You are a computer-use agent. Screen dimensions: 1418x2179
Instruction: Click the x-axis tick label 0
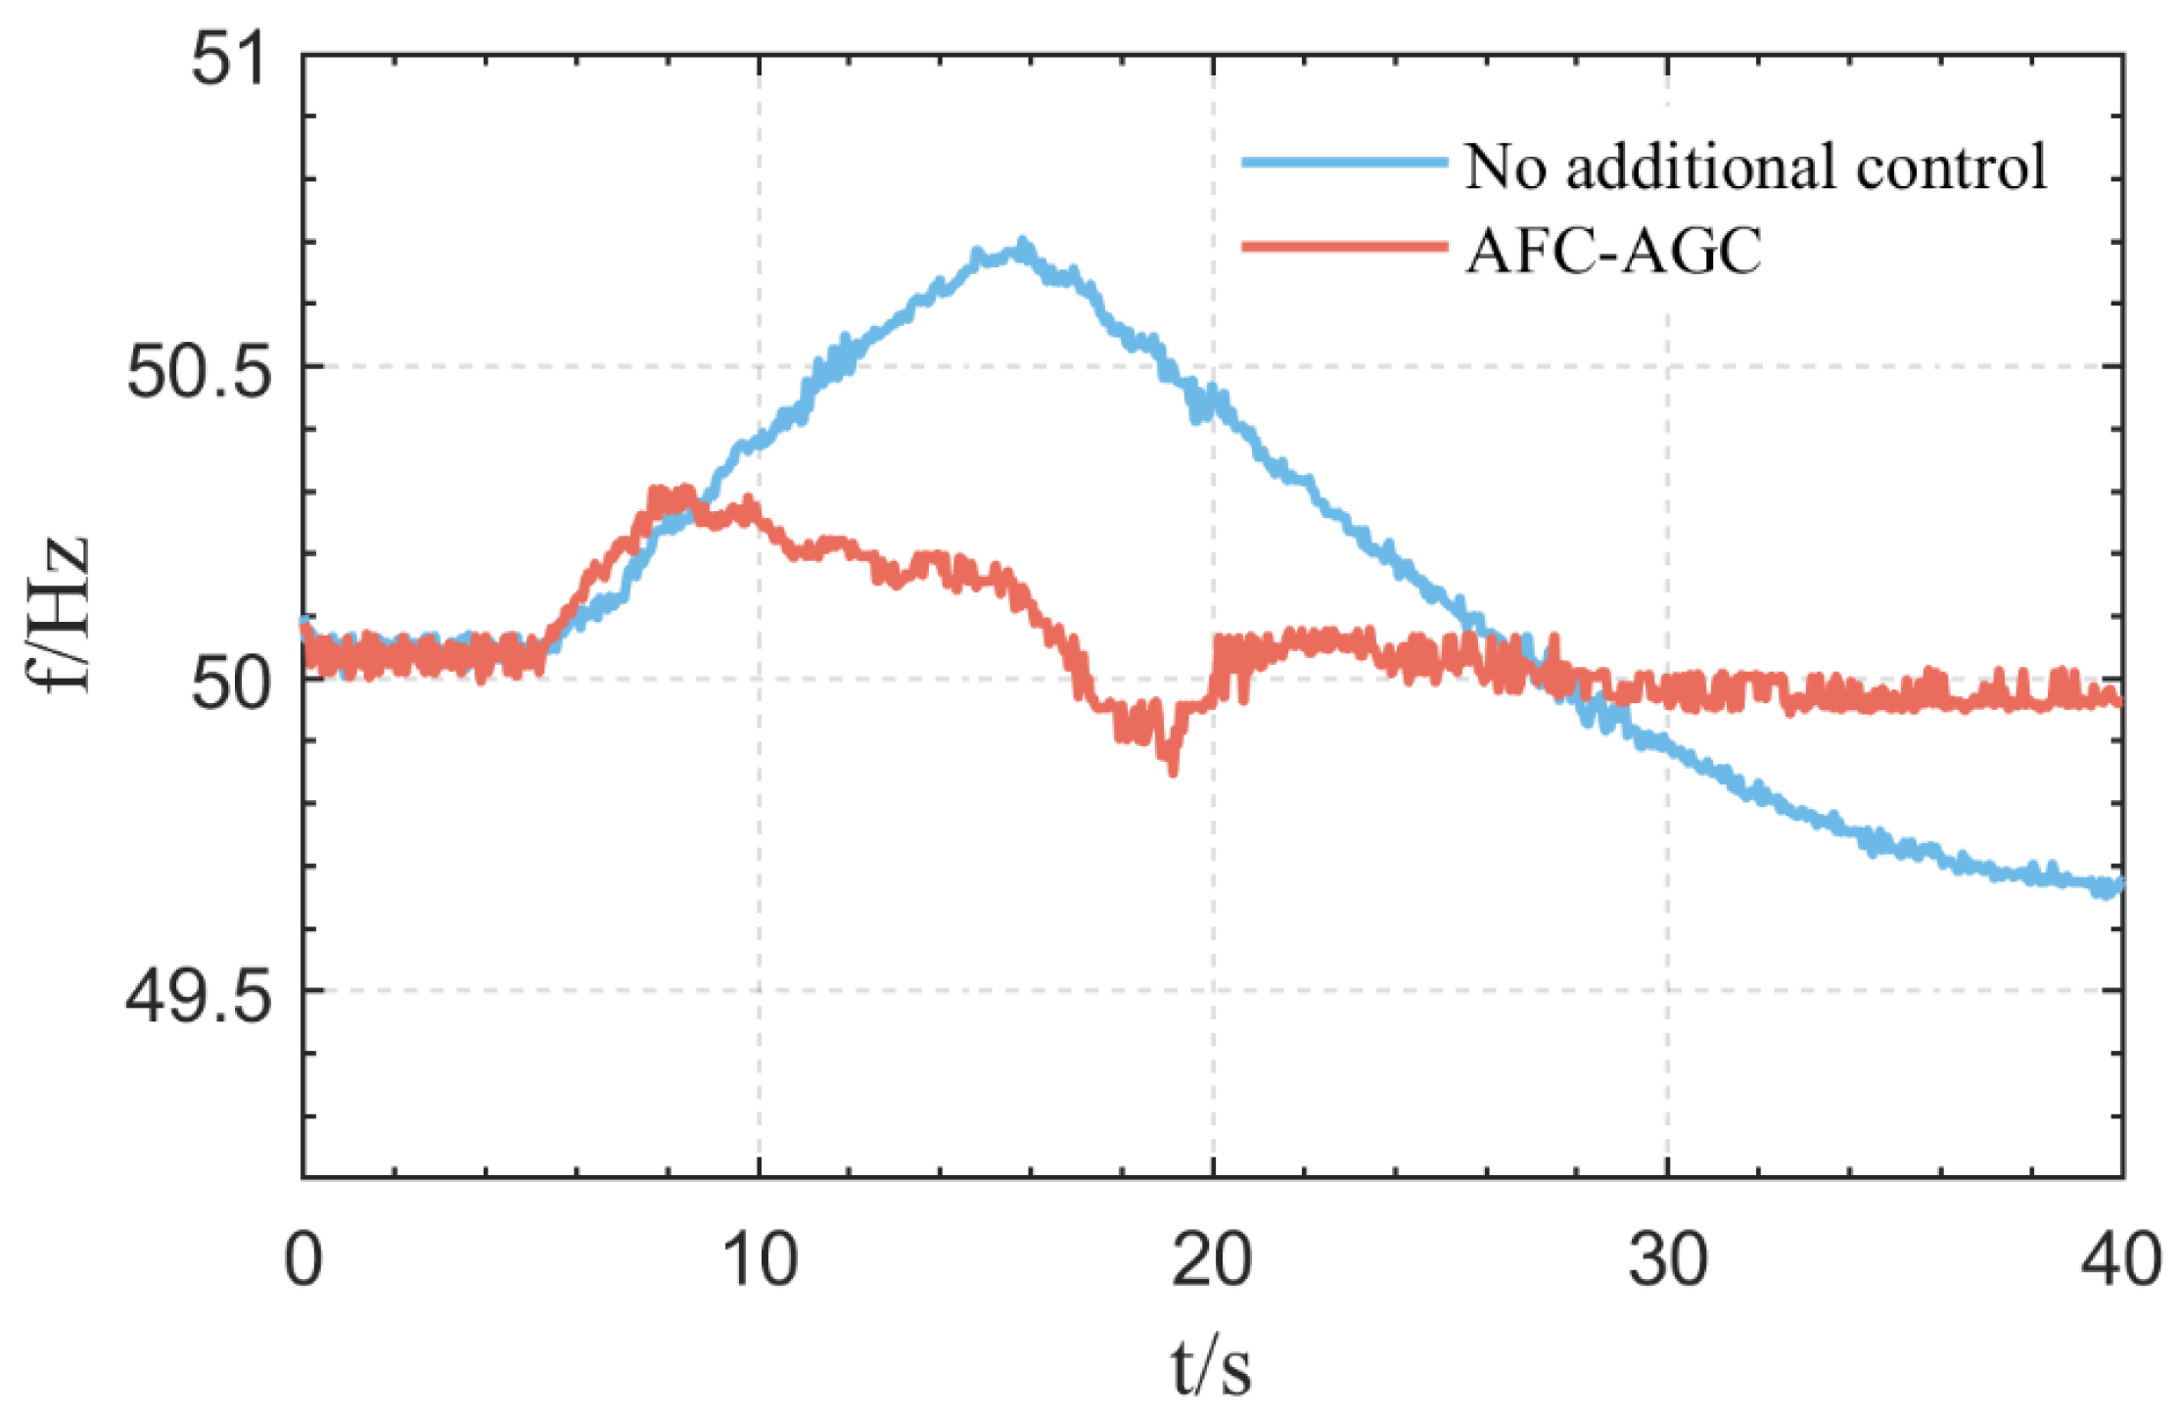(302, 1260)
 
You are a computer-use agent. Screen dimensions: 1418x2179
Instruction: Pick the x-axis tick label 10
(759, 1260)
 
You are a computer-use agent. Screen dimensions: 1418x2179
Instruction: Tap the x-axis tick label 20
(1212, 1260)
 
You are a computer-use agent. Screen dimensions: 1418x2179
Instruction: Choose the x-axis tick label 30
(1668, 1260)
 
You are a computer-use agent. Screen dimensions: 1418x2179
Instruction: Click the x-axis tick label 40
(2121, 1260)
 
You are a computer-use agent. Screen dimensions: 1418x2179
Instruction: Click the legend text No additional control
(1755, 166)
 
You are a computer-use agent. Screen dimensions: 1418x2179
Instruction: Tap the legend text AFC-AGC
(1613, 251)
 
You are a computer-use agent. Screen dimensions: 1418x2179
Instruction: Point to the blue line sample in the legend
(1344, 162)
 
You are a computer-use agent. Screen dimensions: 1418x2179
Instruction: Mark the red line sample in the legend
(1344, 247)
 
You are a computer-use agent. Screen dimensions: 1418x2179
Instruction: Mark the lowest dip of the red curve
(1173, 769)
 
